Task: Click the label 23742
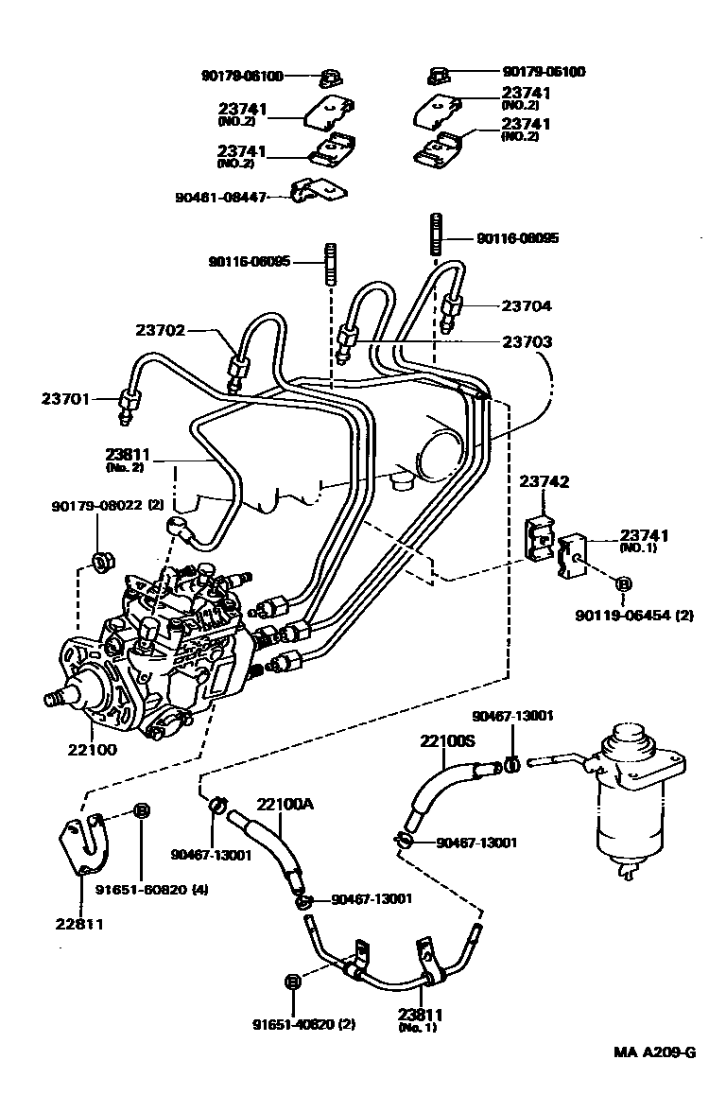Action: (544, 482)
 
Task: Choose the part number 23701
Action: (64, 399)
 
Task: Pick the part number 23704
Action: (527, 305)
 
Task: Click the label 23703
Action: (527, 341)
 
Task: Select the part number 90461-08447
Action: (221, 197)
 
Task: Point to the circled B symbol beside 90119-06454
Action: (623, 585)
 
